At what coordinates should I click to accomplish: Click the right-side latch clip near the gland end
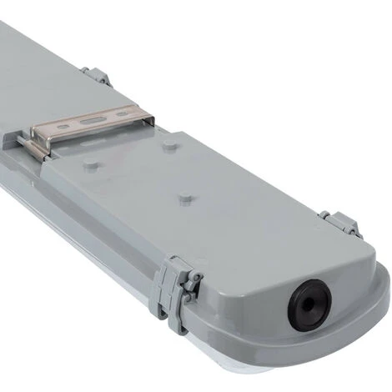click(344, 223)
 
